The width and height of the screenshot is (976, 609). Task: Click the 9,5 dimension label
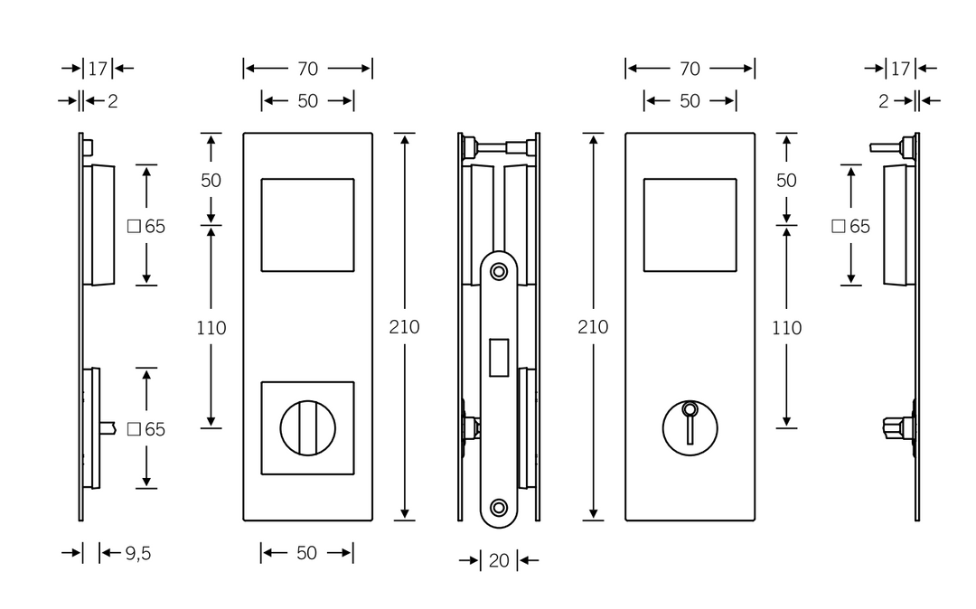coord(137,554)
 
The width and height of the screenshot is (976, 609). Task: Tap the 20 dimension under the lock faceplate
coord(498,561)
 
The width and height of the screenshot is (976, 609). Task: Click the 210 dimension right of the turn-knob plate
coord(404,327)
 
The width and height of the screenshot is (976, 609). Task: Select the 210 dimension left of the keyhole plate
coord(593,327)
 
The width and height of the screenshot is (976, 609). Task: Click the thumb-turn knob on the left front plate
coord(307,427)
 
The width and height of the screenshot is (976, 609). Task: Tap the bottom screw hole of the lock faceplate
coord(498,508)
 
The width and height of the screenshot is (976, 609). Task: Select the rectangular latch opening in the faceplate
coord(498,357)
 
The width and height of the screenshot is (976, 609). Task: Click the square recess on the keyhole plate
coord(690,225)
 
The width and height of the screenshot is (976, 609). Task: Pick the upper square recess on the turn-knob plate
coord(307,225)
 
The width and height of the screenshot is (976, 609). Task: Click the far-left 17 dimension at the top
coord(99,68)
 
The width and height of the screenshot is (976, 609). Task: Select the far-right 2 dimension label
coord(884,101)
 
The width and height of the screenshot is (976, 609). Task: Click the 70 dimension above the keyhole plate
coord(690,69)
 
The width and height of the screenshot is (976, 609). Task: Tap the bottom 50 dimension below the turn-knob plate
coord(307,553)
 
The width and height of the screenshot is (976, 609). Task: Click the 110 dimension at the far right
coord(786,328)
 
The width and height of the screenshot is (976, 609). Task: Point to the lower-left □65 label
coord(146,429)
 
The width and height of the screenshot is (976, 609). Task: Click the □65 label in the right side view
coord(850,227)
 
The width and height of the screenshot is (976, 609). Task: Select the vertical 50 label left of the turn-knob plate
coord(211,180)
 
